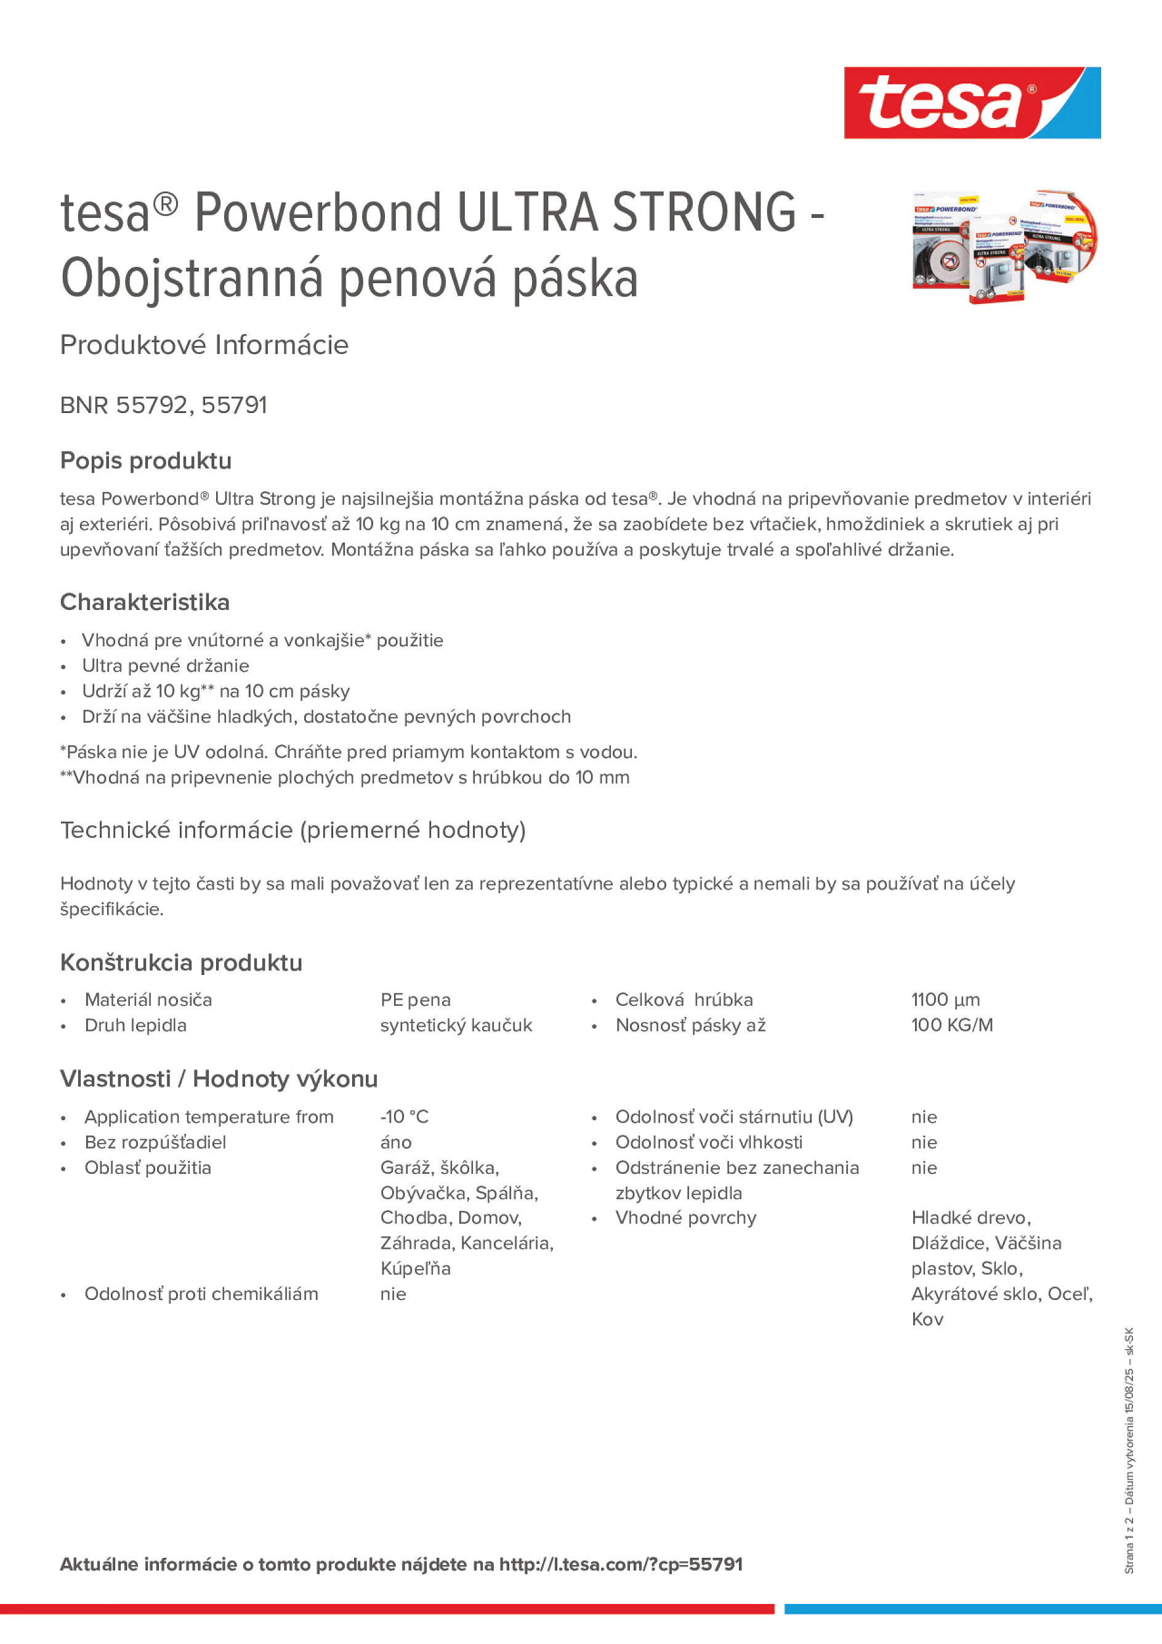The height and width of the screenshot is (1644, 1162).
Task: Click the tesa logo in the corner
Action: pos(972,102)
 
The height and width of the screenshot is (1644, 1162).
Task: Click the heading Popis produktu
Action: pos(145,460)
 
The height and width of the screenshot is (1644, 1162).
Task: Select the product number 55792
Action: pos(151,405)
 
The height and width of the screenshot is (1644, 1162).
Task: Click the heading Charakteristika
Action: pos(145,602)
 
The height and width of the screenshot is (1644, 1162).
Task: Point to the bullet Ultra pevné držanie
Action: pos(166,666)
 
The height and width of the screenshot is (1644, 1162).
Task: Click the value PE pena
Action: pos(416,1000)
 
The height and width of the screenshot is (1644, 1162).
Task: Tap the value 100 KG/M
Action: pos(951,1025)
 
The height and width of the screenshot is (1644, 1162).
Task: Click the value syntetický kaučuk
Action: pos(456,1025)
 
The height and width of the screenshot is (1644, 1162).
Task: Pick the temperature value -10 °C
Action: pos(405,1117)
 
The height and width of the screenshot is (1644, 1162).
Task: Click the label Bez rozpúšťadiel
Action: pos(155,1142)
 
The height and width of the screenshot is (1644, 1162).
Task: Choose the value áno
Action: pos(396,1142)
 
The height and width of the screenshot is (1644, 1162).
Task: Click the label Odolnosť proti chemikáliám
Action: pos(201,1294)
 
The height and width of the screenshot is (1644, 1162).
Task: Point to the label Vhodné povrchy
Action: pos(685,1218)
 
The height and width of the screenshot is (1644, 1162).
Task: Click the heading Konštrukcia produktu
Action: pos(181,963)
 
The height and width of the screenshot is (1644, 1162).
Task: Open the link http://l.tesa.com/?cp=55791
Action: pos(620,1565)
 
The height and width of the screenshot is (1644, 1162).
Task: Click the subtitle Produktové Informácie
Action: pos(204,345)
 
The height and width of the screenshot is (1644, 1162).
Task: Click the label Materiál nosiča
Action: pos(148,1000)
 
